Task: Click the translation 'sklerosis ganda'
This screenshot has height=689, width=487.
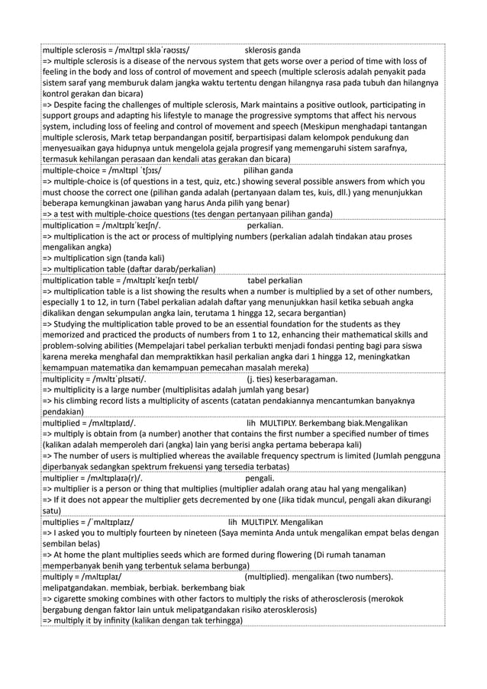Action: [x=273, y=51]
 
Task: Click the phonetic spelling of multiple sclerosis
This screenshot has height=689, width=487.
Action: [x=152, y=51]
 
